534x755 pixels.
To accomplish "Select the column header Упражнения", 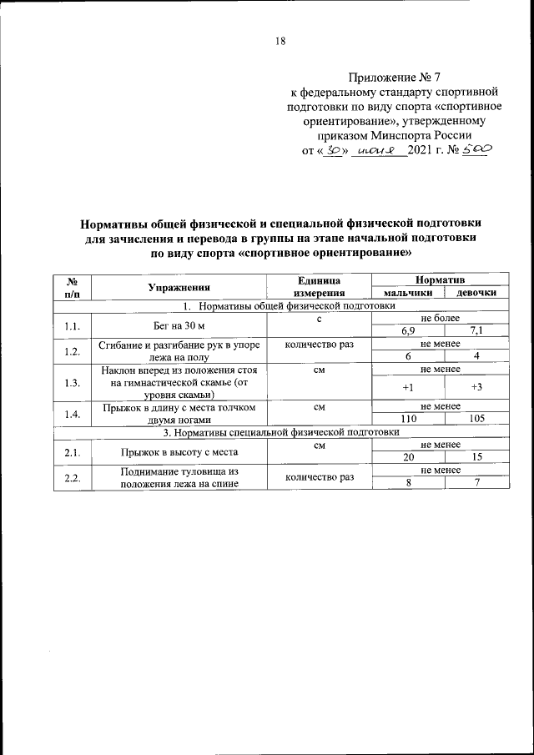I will click(179, 286).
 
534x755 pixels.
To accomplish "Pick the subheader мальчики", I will click(408, 294).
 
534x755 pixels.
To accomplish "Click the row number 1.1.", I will click(72, 325).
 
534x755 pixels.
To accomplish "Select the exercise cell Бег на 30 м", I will click(179, 325).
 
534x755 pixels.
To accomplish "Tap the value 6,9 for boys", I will click(408, 331).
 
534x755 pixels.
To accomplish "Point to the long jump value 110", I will click(408, 419).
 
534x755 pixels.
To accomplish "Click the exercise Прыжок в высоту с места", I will click(179, 452).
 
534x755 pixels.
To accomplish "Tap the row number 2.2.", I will click(72, 477).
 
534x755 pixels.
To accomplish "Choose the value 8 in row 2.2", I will click(408, 484).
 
